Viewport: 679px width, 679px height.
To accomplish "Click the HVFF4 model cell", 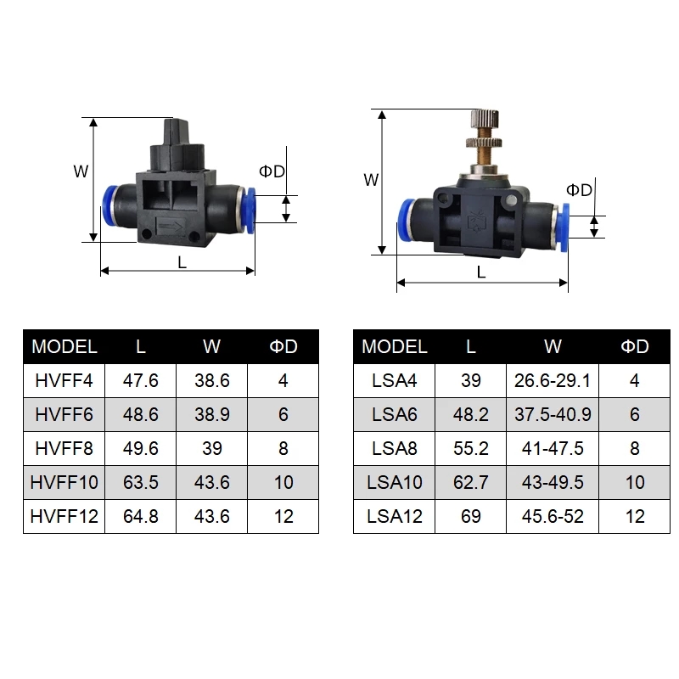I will [64, 380].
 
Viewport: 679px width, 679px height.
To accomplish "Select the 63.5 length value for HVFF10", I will [141, 482].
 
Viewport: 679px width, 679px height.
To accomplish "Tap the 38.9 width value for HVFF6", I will [211, 414].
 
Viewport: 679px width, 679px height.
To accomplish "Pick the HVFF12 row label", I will [64, 516].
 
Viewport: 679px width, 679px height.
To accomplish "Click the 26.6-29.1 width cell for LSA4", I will [553, 380].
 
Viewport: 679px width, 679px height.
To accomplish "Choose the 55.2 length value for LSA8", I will [471, 448].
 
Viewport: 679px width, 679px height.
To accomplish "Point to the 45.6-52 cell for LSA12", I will [553, 516].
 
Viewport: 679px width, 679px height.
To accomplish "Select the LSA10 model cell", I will [395, 482].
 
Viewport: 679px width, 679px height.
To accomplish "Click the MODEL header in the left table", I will [64, 346].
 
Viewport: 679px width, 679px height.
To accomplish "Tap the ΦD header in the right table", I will [636, 346].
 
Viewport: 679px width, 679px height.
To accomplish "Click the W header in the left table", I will [211, 346].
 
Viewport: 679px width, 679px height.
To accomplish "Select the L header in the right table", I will [471, 346].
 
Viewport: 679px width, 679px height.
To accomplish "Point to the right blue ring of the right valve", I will [562, 227].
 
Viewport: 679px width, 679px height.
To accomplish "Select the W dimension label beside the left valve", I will [81, 171].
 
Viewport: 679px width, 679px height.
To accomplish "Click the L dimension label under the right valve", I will [481, 272].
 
